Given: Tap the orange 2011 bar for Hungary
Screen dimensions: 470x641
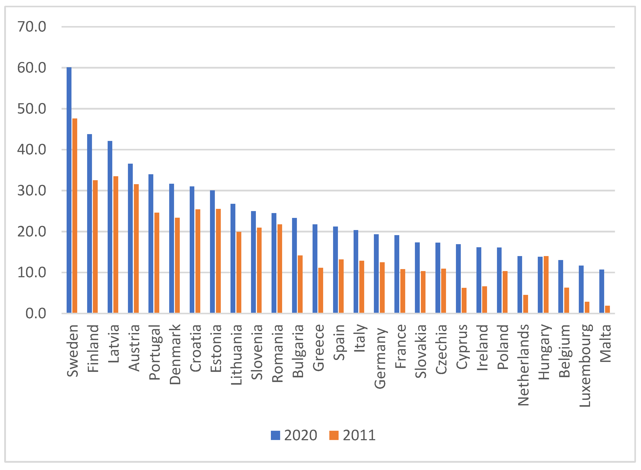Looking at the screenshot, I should pyautogui.click(x=546, y=285).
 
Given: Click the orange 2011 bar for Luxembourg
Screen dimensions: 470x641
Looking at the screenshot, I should pyautogui.click(x=587, y=307).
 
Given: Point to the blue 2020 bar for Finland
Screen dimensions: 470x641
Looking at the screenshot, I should pyautogui.click(x=89, y=223).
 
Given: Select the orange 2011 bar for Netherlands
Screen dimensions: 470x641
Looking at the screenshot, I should pyautogui.click(x=525, y=304).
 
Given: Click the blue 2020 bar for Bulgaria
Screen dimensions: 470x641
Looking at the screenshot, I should pyautogui.click(x=294, y=266).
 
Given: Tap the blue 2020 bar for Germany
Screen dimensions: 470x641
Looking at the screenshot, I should pyautogui.click(x=376, y=273).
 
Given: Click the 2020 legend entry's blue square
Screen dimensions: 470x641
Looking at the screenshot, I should pyautogui.click(x=276, y=435).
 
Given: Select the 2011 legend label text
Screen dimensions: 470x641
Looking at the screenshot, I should pyautogui.click(x=359, y=435).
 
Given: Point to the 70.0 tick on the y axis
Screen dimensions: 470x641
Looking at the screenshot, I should pyautogui.click(x=32, y=27).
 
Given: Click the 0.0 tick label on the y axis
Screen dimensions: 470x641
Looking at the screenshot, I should pyautogui.click(x=36, y=314).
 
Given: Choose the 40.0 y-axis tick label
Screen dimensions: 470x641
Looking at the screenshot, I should pyautogui.click(x=32, y=150).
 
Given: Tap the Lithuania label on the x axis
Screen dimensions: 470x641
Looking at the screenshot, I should pyautogui.click(x=236, y=355).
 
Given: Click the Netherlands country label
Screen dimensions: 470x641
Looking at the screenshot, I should pyautogui.click(x=523, y=365).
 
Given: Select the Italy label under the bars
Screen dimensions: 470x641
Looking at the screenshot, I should pyautogui.click(x=359, y=338).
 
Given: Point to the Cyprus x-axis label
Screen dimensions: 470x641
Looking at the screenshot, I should pyautogui.click(x=462, y=347).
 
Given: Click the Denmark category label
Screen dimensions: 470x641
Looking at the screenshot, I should pyautogui.click(x=175, y=354).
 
